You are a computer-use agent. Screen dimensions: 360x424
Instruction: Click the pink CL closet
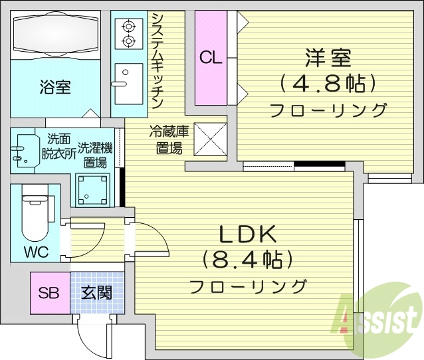click(211, 58)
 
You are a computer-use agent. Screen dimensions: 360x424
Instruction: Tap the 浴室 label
click(55, 86)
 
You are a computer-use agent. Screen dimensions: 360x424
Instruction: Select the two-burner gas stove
click(128, 33)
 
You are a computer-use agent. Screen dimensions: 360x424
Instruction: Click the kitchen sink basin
click(128, 83)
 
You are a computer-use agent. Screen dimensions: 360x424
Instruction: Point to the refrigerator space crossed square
click(210, 139)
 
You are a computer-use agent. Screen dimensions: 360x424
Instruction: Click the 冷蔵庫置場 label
click(169, 139)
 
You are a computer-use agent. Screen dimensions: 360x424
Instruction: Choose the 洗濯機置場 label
click(92, 154)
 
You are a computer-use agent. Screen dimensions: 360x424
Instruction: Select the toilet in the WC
click(34, 216)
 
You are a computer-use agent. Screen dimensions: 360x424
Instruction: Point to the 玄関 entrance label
click(97, 293)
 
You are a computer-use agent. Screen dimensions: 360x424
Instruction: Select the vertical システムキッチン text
click(158, 60)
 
